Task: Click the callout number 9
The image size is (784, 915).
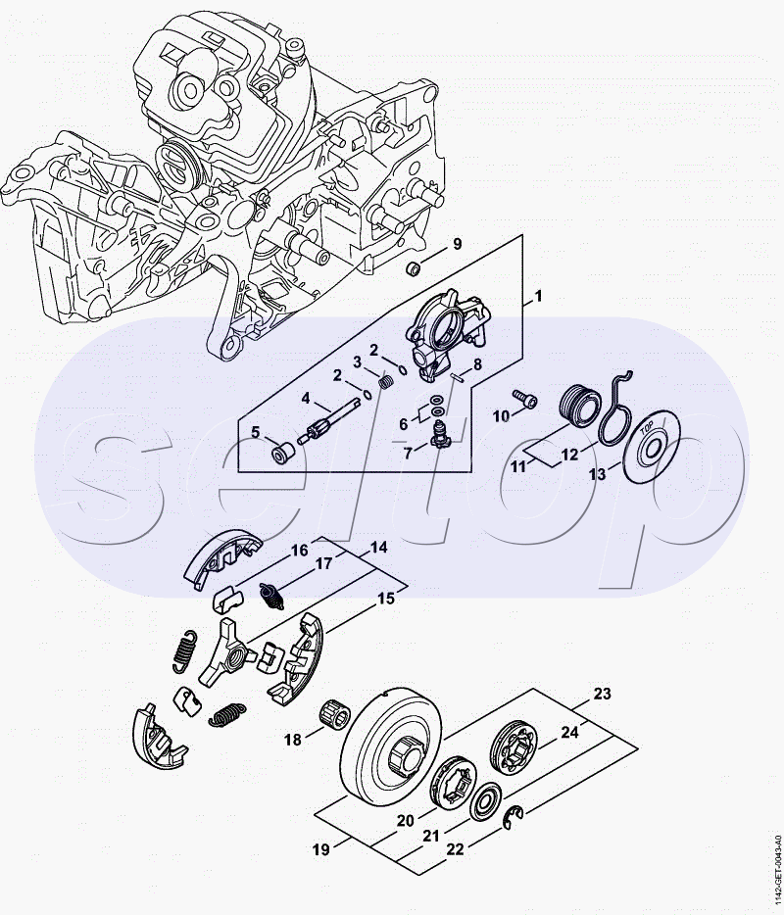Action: [456, 244]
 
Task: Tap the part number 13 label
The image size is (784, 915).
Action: [597, 474]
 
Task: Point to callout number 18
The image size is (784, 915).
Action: [292, 741]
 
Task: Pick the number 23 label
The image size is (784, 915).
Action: [602, 695]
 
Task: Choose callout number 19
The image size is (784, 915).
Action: [320, 850]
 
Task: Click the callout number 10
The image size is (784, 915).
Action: [501, 416]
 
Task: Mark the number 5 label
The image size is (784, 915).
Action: [255, 432]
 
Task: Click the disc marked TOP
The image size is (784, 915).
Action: [650, 446]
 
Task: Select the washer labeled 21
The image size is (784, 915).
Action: [484, 802]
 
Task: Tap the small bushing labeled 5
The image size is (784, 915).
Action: [282, 455]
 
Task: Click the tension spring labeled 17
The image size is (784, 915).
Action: [271, 592]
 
